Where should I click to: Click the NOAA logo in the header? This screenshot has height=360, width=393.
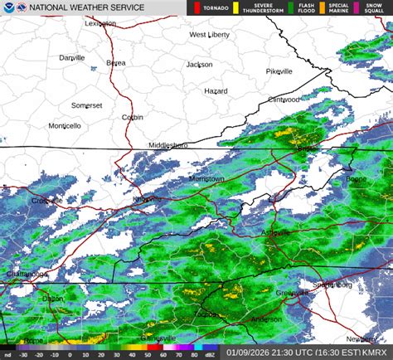pyautogui.click(x=8, y=7)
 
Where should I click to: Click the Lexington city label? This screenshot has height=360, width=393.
pyautogui.click(x=100, y=24)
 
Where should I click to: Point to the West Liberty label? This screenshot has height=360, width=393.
pyautogui.click(x=209, y=35)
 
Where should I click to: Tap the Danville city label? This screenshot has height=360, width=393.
pyautogui.click(x=72, y=57)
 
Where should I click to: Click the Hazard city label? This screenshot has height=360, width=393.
pyautogui.click(x=216, y=90)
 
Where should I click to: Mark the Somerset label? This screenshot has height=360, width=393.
pyautogui.click(x=86, y=105)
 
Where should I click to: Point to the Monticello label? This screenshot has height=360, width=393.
pyautogui.click(x=65, y=126)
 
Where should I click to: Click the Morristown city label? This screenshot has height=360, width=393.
pyautogui.click(x=206, y=178)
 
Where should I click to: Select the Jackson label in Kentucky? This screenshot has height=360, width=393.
pyautogui.click(x=199, y=64)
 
